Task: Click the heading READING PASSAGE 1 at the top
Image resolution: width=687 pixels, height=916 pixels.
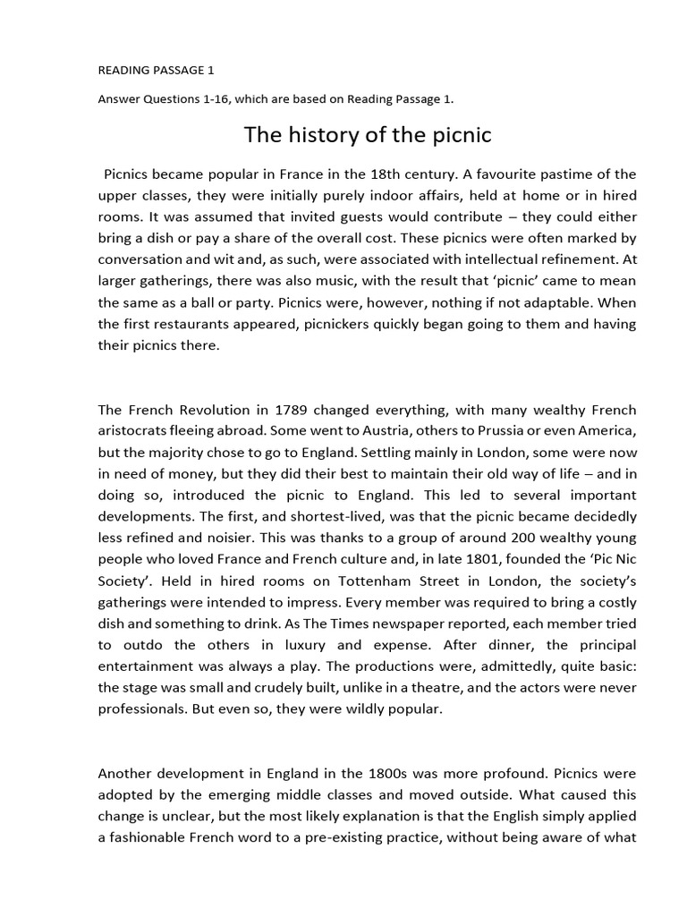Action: [x=156, y=69]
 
